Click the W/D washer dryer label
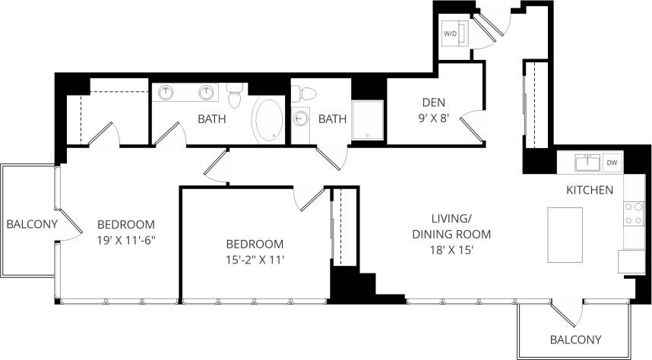pyautogui.click(x=451, y=33)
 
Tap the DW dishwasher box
pyautogui.click(x=612, y=163)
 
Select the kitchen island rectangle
pyautogui.click(x=565, y=235)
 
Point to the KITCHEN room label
pyautogui.click(x=590, y=190)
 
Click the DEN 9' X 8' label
pyautogui.click(x=434, y=110)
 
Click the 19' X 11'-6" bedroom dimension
pyautogui.click(x=126, y=239)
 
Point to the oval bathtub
pyautogui.click(x=267, y=120)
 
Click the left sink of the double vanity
pyautogui.click(x=167, y=93)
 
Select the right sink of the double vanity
pyautogui.click(x=205, y=93)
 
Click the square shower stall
pyautogui.click(x=368, y=120)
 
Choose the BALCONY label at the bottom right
pyautogui.click(x=575, y=339)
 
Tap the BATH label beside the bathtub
pyautogui.click(x=212, y=118)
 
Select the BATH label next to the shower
pyautogui.click(x=332, y=118)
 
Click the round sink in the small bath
pyautogui.click(x=301, y=118)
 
